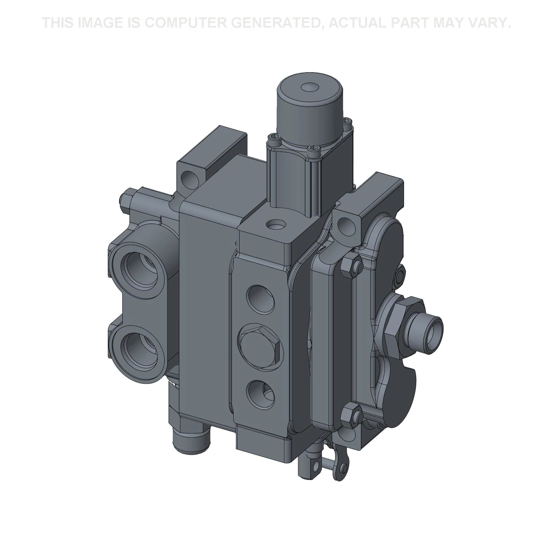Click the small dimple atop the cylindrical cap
point(309,87)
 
